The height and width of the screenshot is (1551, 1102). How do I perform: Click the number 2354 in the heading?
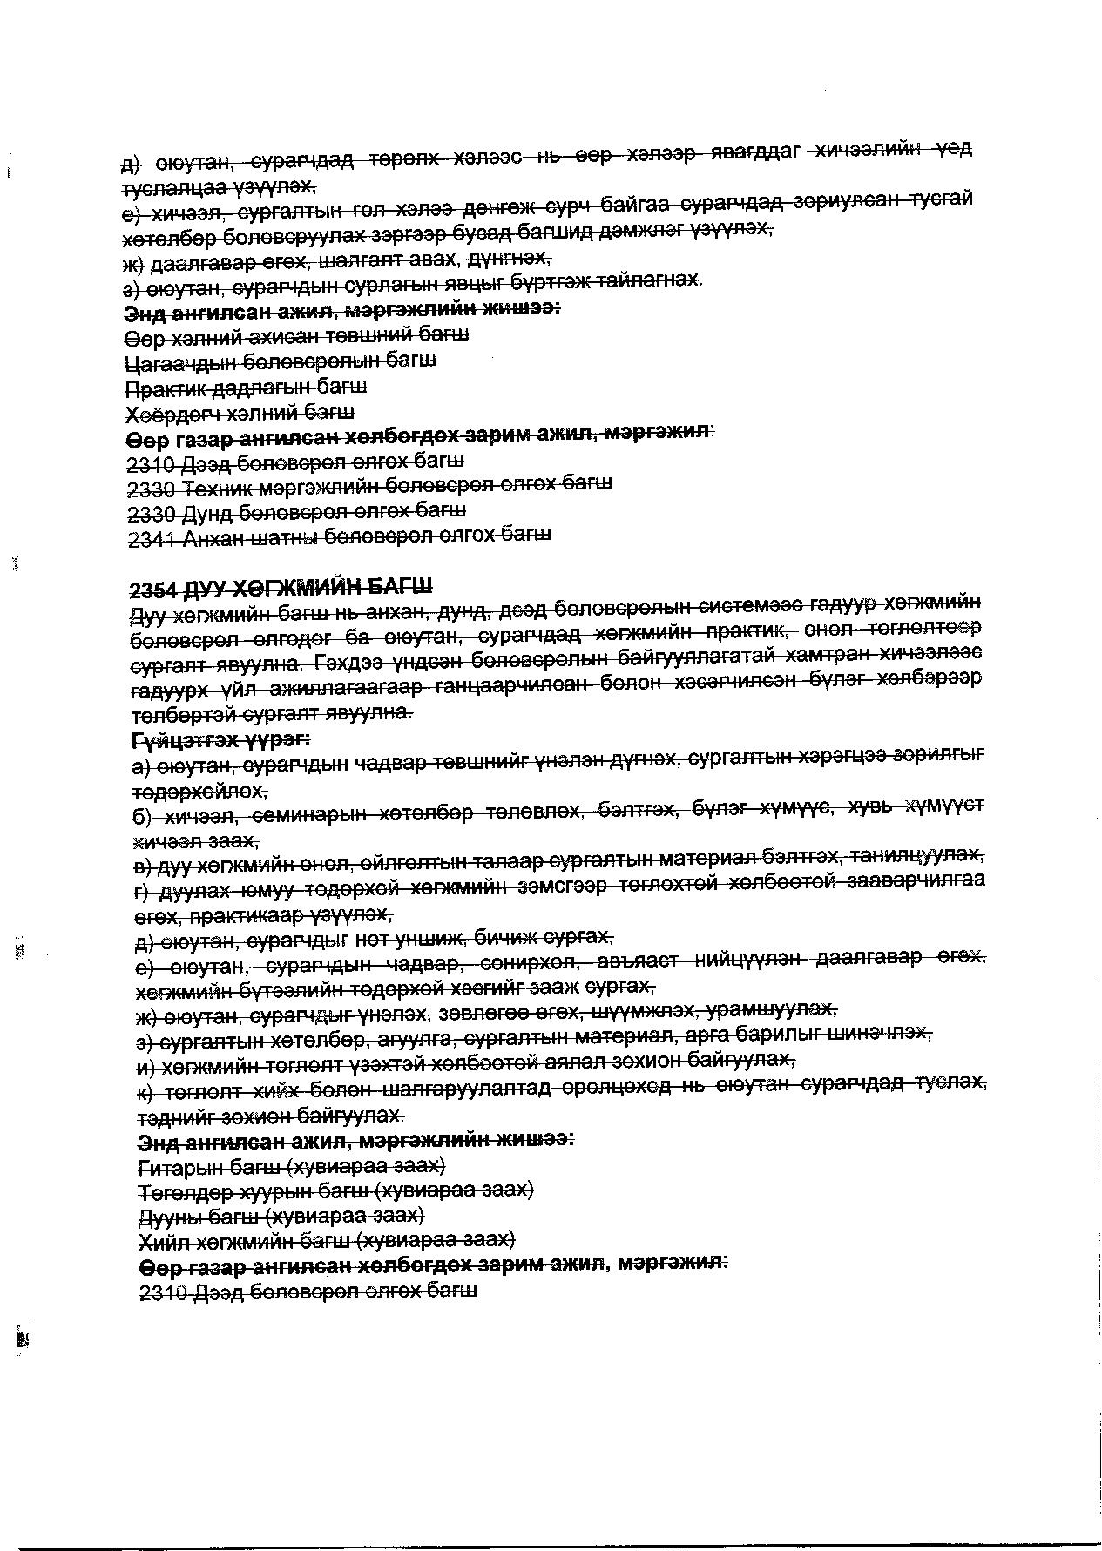pos(152,590)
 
